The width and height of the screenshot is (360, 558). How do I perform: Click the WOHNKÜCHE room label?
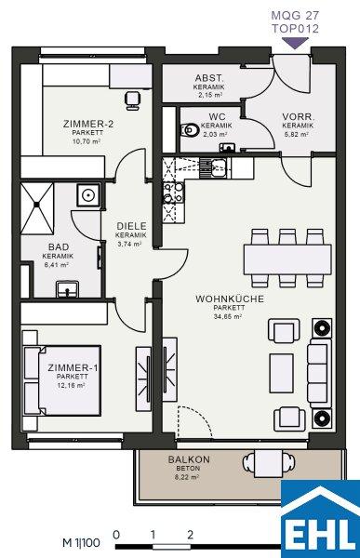pyautogui.click(x=230, y=299)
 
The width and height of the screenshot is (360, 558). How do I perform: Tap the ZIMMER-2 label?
pyautogui.click(x=88, y=125)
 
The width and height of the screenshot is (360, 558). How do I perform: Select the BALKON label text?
pyautogui.click(x=189, y=459)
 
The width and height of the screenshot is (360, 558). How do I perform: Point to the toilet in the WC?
pyautogui.click(x=190, y=130)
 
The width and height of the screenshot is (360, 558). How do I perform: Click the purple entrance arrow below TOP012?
pyautogui.click(x=295, y=43)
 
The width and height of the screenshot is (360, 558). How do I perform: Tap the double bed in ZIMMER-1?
pyautogui.click(x=62, y=380)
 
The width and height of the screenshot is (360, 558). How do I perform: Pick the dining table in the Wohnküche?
pyautogui.click(x=287, y=259)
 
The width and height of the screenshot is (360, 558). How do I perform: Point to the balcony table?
pyautogui.click(x=269, y=463)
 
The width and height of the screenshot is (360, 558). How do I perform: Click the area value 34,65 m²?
pyautogui.click(x=228, y=316)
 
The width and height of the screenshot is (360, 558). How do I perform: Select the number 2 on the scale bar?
pyautogui.click(x=190, y=535)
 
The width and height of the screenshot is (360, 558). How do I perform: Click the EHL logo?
pyautogui.click(x=321, y=519)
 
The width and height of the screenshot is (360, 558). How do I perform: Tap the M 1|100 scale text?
pyautogui.click(x=82, y=543)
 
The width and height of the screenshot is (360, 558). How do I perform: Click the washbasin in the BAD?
pyautogui.click(x=67, y=288)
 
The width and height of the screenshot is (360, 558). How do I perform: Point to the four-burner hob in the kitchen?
pyautogui.click(x=173, y=193)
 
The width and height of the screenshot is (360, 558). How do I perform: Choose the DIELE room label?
pyautogui.click(x=131, y=226)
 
